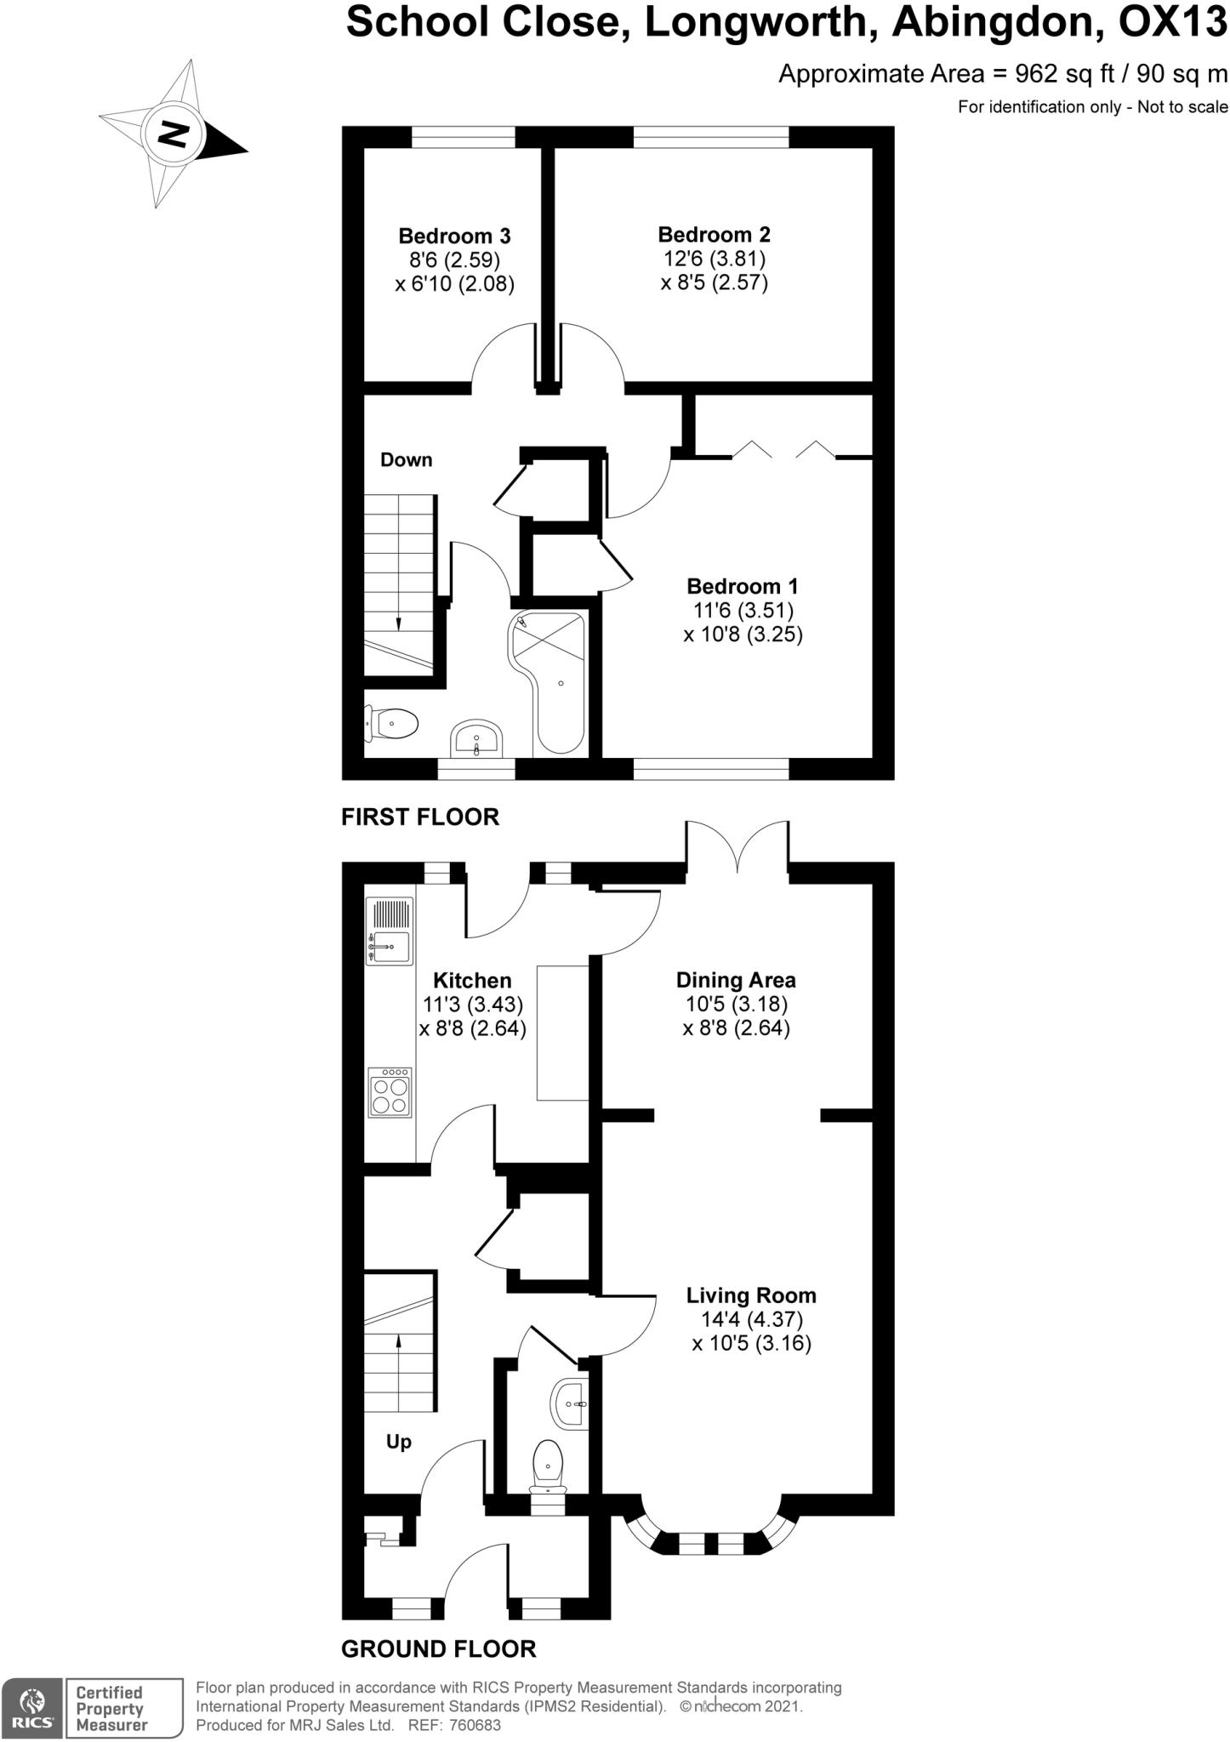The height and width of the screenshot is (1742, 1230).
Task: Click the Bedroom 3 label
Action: (454, 236)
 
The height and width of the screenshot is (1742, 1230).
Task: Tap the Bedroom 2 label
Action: (715, 234)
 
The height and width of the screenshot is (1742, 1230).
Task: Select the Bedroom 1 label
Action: (743, 586)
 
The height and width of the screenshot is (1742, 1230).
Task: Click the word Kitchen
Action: (472, 980)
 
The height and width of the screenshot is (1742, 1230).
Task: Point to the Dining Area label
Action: (736, 980)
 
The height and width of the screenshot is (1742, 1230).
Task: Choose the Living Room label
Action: (751, 1295)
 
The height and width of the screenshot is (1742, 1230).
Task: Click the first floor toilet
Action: (390, 724)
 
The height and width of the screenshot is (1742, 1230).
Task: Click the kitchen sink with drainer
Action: (390, 931)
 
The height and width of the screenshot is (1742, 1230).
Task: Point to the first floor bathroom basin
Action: (476, 737)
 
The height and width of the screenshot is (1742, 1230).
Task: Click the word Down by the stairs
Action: (406, 460)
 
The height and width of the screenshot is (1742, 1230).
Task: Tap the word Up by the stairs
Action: (399, 1442)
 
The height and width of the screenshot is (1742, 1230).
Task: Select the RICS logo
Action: (31, 1710)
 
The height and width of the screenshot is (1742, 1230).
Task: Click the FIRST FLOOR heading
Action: (420, 817)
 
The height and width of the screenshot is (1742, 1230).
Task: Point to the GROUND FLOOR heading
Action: (439, 1649)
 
